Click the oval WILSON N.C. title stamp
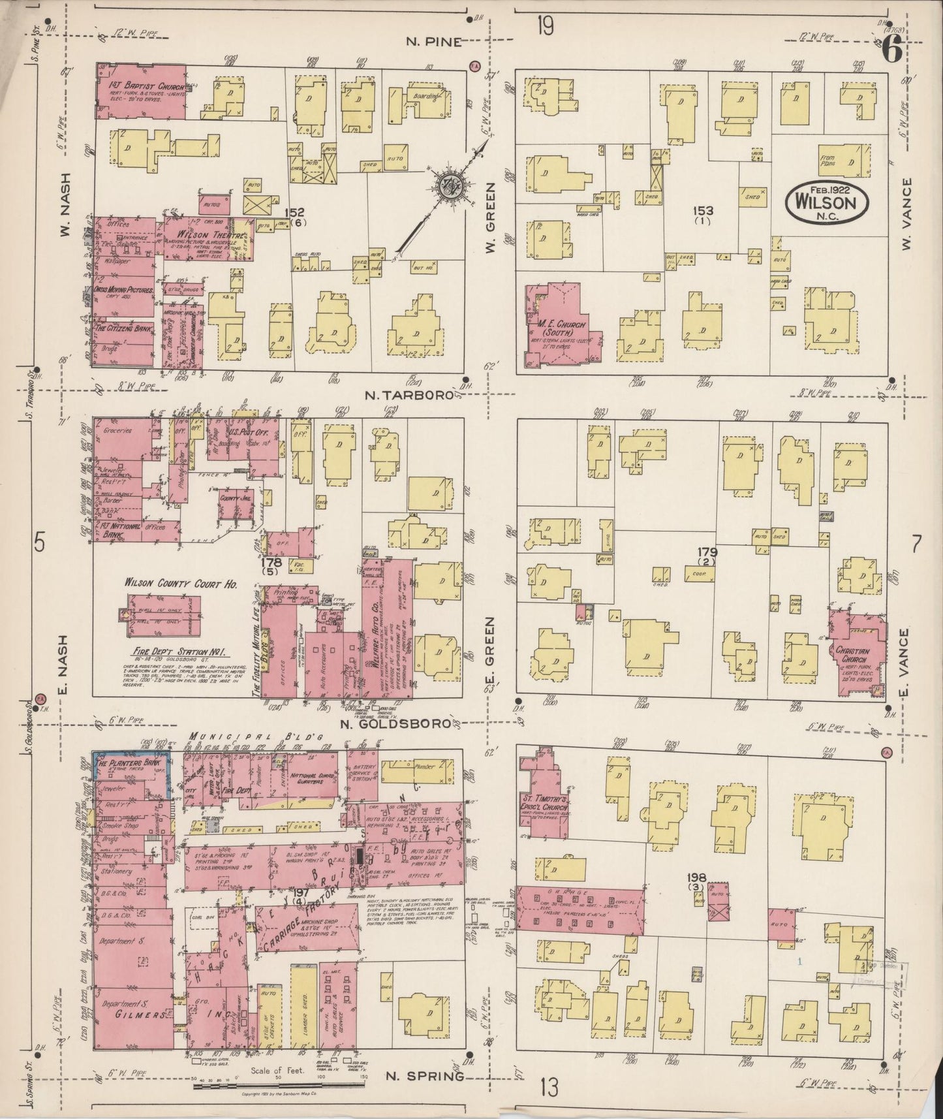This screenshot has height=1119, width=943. click(x=827, y=202)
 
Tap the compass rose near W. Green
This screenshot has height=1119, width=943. click(x=450, y=185)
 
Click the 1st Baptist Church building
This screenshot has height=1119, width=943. click(x=140, y=92)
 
